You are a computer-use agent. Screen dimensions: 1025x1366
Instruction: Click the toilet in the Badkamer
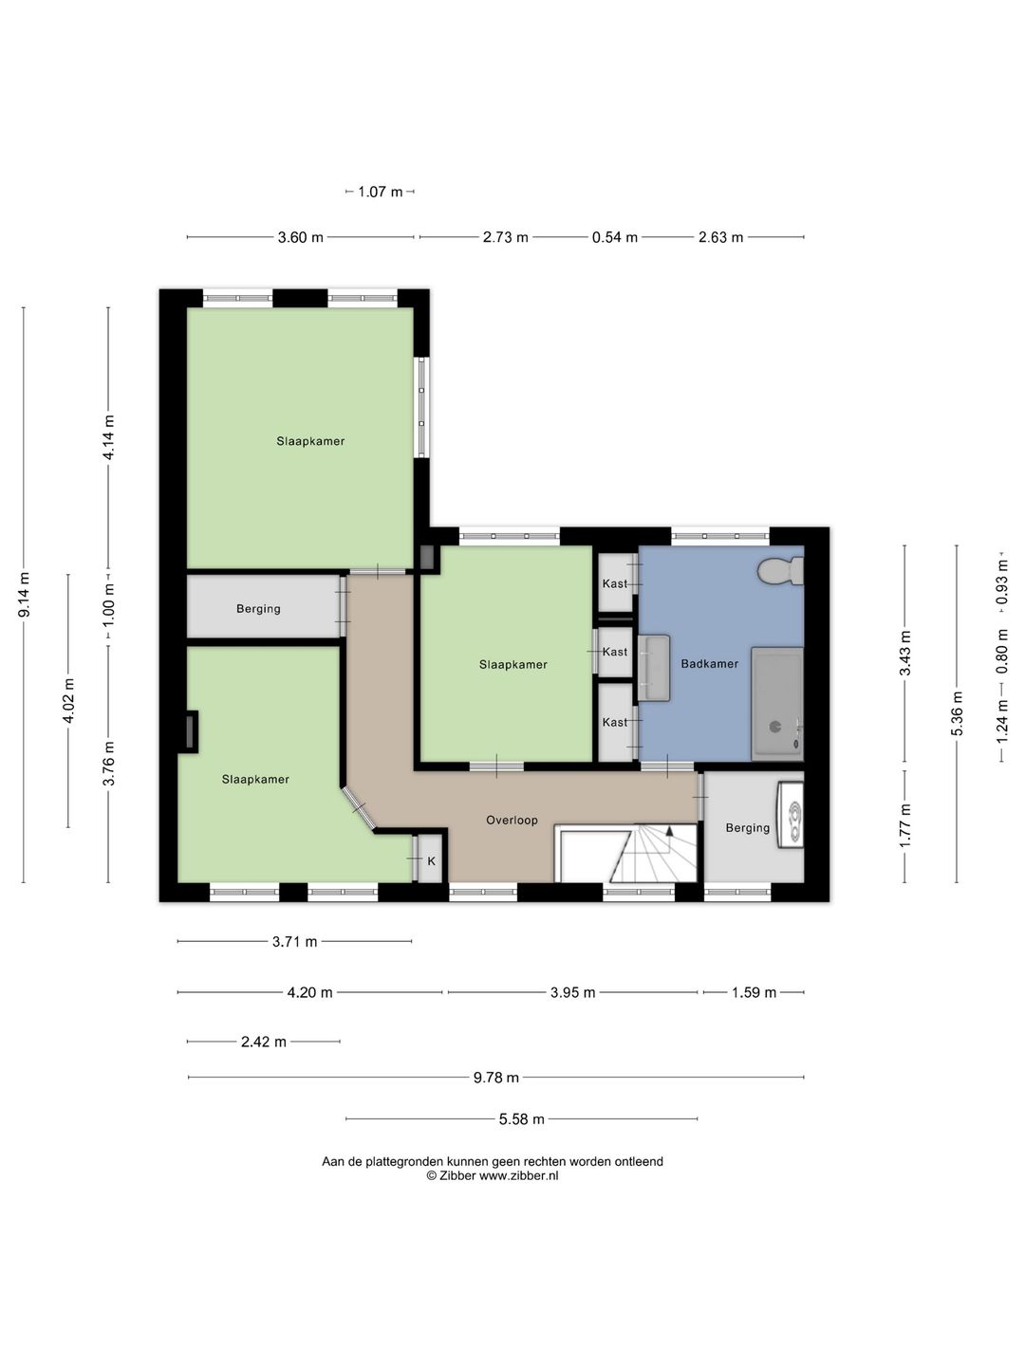click(x=781, y=571)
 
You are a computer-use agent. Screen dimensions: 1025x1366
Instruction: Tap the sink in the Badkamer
click(x=654, y=667)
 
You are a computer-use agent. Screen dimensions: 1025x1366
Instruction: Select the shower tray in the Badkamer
click(x=777, y=703)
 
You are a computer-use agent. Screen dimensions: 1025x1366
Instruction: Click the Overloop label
click(x=512, y=820)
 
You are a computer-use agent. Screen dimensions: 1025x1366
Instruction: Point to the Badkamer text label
click(x=710, y=663)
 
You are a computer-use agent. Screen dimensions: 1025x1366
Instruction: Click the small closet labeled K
click(x=429, y=858)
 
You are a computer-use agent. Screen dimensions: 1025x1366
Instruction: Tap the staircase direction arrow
click(x=669, y=830)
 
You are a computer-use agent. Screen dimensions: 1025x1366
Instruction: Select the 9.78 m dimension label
click(x=496, y=1078)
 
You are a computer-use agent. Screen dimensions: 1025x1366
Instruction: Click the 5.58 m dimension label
click(x=522, y=1119)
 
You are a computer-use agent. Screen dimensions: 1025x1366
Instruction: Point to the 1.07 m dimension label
click(x=381, y=192)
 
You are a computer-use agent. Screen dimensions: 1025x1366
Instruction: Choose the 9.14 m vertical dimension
click(x=25, y=595)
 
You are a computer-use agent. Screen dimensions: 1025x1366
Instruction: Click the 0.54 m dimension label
click(x=615, y=237)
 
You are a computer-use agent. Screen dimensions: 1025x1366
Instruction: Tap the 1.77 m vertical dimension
click(x=904, y=826)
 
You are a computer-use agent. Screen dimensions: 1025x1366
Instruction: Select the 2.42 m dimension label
click(x=263, y=1042)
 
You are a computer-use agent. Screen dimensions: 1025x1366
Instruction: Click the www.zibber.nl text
click(x=518, y=1175)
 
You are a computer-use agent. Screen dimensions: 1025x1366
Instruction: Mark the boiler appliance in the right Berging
click(x=791, y=815)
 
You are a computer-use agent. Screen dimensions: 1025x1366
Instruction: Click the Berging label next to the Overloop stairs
click(x=748, y=828)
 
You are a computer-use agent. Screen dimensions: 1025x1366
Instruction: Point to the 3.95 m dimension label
click(x=572, y=992)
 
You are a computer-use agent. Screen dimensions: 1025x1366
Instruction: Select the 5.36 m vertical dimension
click(x=958, y=713)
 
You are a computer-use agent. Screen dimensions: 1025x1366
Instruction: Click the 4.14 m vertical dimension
click(x=108, y=437)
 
